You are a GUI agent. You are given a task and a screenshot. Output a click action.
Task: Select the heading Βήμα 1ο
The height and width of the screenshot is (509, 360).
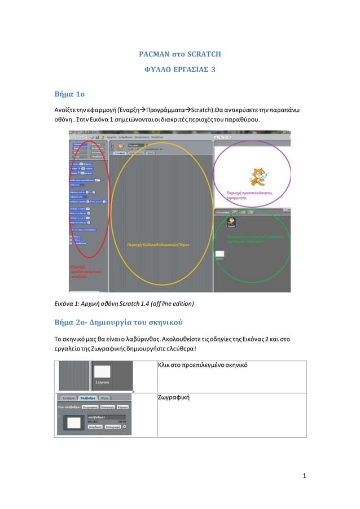point(69,93)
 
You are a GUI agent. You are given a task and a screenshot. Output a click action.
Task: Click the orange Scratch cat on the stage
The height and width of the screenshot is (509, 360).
point(258,175)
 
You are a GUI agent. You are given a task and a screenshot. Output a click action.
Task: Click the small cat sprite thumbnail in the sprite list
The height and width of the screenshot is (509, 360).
point(231,222)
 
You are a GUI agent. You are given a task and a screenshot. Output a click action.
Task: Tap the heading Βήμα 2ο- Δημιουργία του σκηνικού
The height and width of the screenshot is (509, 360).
point(117,322)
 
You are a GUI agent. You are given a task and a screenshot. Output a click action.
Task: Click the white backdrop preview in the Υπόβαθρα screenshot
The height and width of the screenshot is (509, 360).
point(74,422)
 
